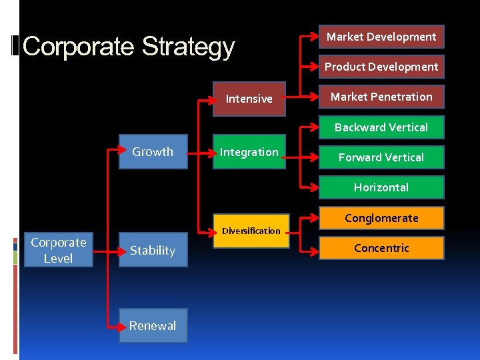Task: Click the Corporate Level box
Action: pos(58,250)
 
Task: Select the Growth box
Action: pos(153,151)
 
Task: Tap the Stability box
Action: pos(153,251)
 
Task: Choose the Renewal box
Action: pos(153,325)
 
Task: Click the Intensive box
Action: pos(249,99)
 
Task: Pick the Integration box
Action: pos(249,152)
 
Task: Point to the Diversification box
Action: pos(251,231)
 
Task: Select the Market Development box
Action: pos(381,37)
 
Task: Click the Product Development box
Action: pos(381,67)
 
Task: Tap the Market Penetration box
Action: pos(381,97)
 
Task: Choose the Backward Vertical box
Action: pos(381,127)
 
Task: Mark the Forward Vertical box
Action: pos(381,157)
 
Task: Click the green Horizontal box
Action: pos(381,187)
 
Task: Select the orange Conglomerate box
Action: pos(381,218)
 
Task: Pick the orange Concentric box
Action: pos(381,248)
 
